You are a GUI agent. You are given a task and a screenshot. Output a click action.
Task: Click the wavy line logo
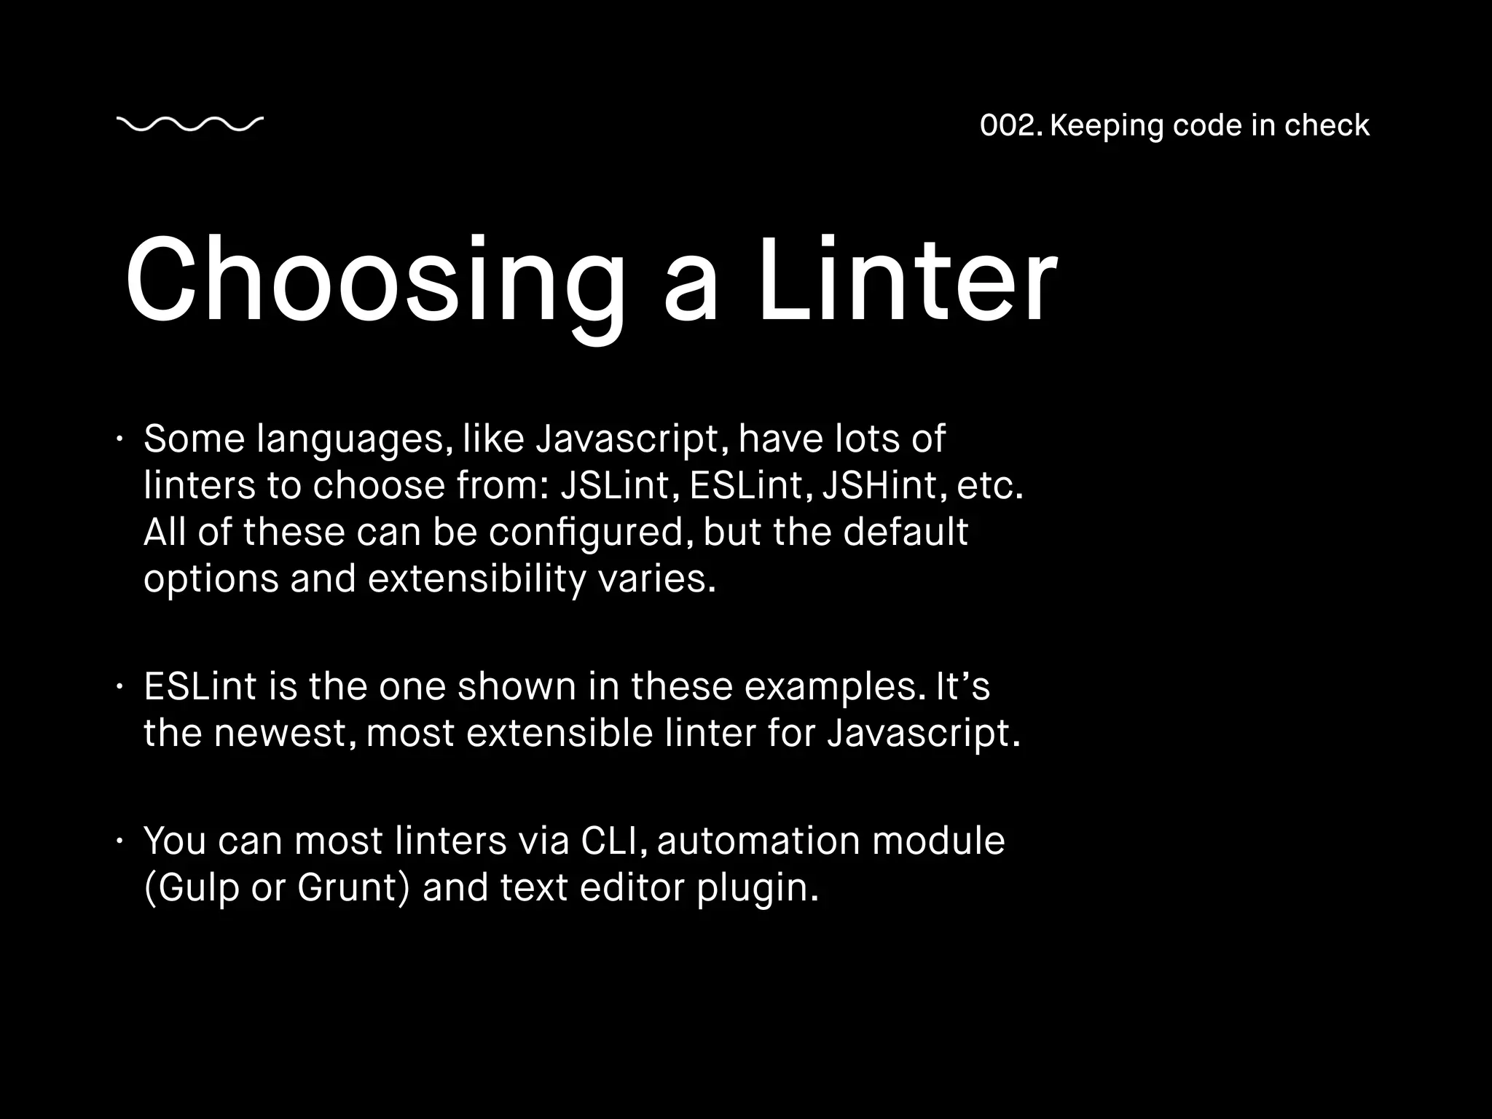189,125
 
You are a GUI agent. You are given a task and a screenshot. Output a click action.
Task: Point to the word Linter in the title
907,280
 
